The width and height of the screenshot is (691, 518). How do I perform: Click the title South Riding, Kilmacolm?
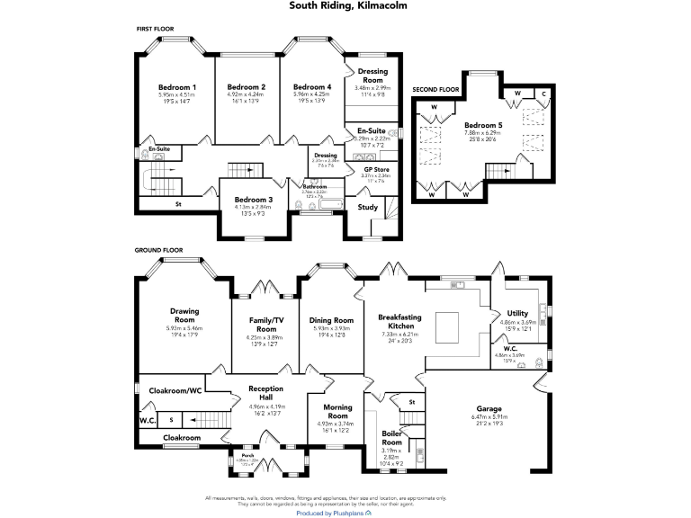(345, 5)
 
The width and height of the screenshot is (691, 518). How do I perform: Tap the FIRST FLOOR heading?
(155, 30)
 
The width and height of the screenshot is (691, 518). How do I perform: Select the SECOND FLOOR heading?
(435, 90)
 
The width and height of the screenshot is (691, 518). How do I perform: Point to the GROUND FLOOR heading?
(159, 249)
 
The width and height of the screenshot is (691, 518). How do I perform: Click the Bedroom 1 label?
(176, 87)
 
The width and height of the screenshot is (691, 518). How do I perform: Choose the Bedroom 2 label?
(246, 87)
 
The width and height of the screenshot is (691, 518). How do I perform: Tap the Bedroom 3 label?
(253, 200)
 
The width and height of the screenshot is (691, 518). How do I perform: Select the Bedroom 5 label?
(483, 125)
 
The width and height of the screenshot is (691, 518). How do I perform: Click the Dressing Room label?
(372, 75)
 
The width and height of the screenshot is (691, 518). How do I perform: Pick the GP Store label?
(376, 169)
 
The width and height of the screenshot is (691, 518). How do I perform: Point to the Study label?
(367, 207)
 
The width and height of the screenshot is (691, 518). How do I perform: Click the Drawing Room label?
(184, 316)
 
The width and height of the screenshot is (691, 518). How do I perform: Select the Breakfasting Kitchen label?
(399, 321)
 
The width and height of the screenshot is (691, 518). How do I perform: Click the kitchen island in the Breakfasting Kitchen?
(447, 323)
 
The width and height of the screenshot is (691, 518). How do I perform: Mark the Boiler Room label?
(392, 437)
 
